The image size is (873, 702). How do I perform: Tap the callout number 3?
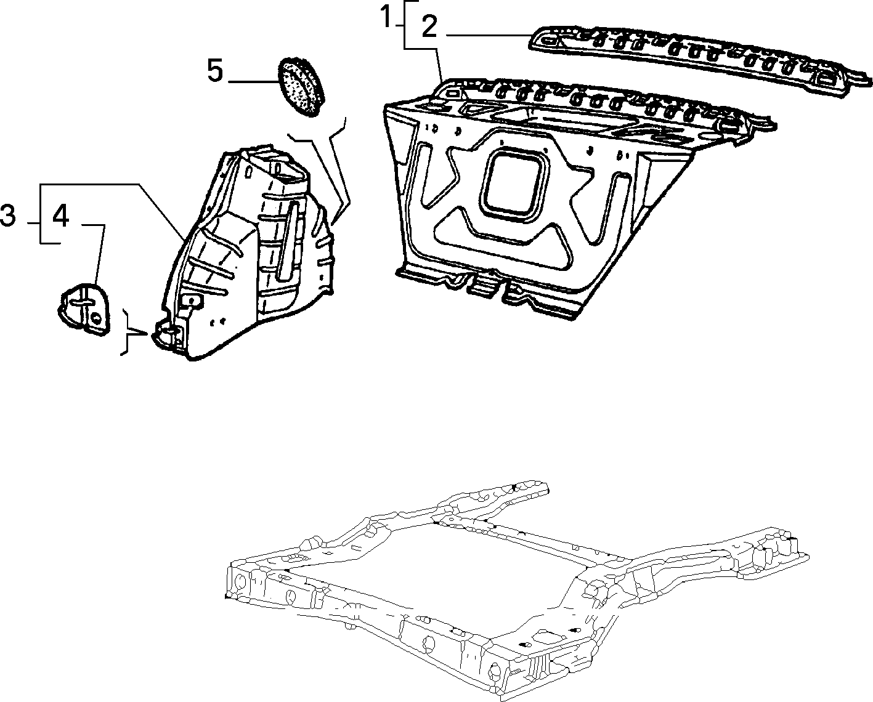point(8,215)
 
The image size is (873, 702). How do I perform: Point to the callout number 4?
point(61,216)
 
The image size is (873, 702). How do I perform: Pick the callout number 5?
point(216,70)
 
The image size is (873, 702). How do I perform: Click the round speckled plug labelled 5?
point(301,87)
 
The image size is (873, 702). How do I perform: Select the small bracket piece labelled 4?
point(84,309)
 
